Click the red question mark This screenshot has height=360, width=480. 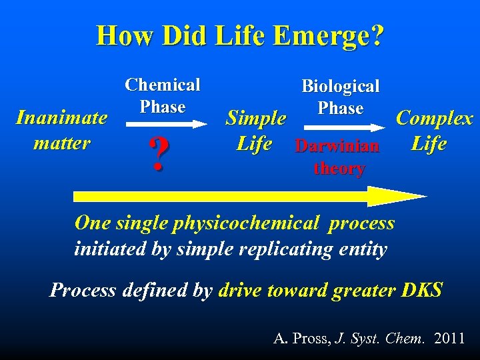(x=158, y=155)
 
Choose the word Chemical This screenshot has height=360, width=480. (x=163, y=85)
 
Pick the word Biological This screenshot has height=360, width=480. (x=340, y=86)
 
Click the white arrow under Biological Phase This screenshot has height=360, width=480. (x=340, y=125)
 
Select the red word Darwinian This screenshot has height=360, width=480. (x=337, y=145)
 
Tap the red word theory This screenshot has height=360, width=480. (x=339, y=168)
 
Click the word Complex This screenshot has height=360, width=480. (x=434, y=119)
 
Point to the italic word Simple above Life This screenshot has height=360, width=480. (x=256, y=119)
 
